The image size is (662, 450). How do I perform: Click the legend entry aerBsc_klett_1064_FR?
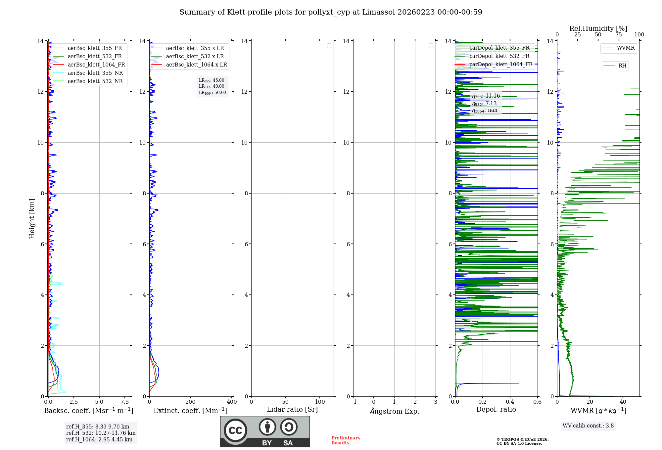pos(96,65)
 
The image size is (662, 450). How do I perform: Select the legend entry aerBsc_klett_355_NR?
pos(95,73)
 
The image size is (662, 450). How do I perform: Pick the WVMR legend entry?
pos(625,48)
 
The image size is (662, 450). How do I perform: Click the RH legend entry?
pos(622,66)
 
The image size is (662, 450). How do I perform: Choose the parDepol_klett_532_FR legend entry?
pos(499,56)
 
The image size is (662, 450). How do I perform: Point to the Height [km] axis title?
pos(32,219)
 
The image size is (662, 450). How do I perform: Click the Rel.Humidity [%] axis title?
pos(598,28)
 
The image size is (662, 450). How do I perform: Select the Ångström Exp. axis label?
pos(394,411)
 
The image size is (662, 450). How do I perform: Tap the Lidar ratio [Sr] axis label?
pos(292,410)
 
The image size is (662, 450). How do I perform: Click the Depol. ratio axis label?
pos(496,410)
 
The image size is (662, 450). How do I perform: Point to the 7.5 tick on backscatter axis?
pos(125,402)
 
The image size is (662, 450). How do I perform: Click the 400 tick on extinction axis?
pos(232,402)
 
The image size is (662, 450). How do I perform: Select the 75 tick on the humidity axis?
pos(618,35)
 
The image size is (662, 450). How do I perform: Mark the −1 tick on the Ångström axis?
pos(353,402)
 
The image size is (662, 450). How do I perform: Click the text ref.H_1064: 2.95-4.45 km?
pos(99,440)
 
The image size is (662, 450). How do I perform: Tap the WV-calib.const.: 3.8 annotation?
pos(588,426)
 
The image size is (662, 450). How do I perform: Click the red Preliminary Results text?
pos(346,440)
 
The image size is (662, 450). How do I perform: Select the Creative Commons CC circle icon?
pos(235,430)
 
